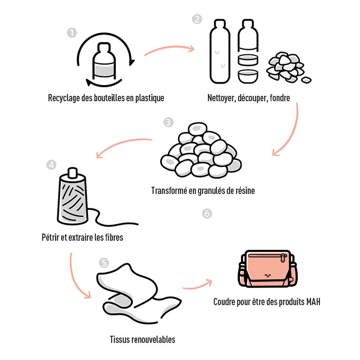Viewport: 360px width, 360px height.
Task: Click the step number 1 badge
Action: click(x=71, y=33)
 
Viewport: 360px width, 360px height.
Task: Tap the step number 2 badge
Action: click(x=197, y=19)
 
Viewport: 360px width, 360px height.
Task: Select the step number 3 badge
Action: click(x=168, y=122)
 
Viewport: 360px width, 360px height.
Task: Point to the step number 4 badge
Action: click(x=51, y=164)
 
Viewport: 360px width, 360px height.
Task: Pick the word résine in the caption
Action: click(x=243, y=191)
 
